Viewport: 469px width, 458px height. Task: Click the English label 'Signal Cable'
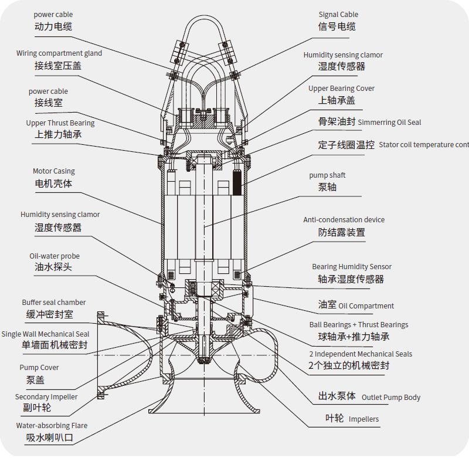coord(338,15)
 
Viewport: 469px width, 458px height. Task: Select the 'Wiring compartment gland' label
coord(59,53)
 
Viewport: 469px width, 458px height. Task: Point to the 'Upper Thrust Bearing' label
coord(60,123)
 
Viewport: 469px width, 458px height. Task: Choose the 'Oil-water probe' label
coord(55,256)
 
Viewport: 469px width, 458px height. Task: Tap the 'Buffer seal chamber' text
coord(54,303)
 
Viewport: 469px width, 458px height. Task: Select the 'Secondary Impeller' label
coord(46,397)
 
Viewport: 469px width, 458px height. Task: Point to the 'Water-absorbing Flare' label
coord(51,426)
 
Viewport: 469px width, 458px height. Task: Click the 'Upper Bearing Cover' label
coord(341,89)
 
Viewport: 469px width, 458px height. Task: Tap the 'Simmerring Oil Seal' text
coord(389,123)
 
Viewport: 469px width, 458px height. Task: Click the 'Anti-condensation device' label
coord(344,220)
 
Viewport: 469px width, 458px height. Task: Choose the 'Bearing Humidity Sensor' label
coord(352,267)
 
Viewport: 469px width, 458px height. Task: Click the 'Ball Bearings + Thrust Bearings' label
coord(359,325)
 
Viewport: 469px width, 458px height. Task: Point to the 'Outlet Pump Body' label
coord(391,398)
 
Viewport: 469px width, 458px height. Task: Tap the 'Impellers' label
coord(363,419)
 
